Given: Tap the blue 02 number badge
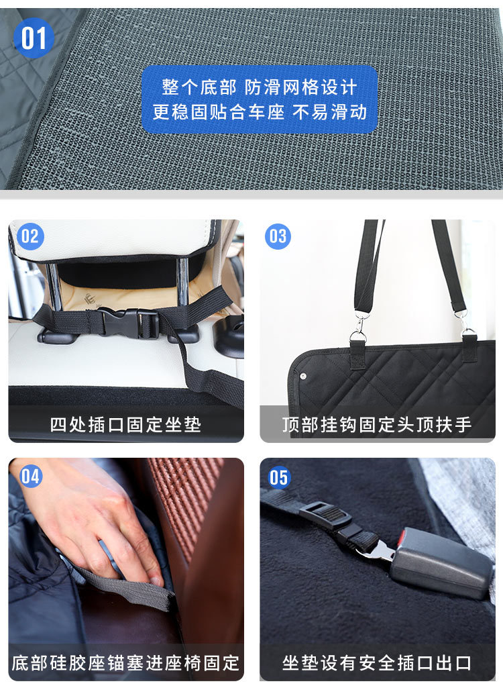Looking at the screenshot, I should (x=30, y=236).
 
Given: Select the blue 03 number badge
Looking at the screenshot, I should (x=278, y=236).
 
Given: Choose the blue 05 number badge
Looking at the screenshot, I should (x=279, y=477).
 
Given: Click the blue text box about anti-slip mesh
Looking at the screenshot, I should (x=260, y=99).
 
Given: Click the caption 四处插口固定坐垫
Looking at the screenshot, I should (x=125, y=425).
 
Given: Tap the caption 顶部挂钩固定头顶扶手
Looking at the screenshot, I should (x=377, y=425).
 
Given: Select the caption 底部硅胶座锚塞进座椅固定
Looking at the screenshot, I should (x=125, y=664).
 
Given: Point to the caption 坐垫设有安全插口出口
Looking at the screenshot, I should (x=377, y=664).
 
